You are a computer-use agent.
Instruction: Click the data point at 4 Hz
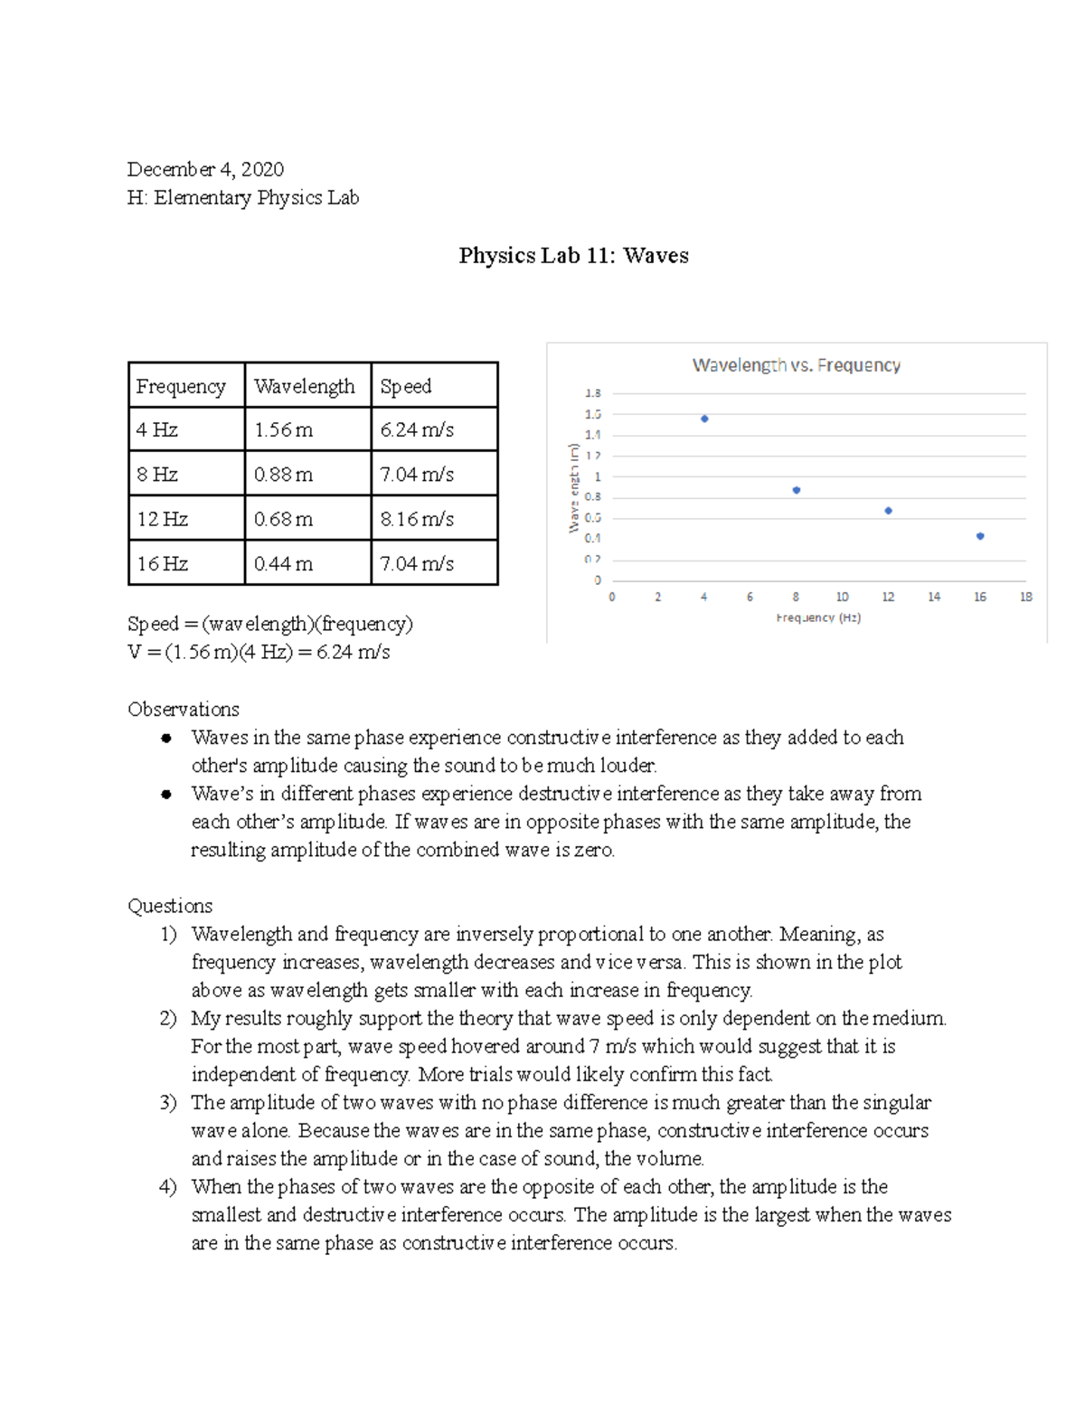tap(704, 419)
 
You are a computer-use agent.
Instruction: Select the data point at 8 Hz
tap(797, 490)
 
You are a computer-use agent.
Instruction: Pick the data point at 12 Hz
tap(888, 511)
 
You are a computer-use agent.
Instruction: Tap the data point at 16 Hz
tap(980, 536)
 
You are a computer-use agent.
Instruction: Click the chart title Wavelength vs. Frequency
tap(796, 365)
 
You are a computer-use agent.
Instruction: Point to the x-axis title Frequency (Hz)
tap(818, 617)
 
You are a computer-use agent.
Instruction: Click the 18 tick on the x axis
tap(1026, 597)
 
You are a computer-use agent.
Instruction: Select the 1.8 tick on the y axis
tap(592, 393)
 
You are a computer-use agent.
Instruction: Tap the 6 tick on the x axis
tap(750, 597)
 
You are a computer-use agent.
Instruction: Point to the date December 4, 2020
tap(205, 169)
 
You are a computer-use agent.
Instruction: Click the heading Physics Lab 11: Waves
tap(573, 256)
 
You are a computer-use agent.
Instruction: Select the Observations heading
tap(184, 709)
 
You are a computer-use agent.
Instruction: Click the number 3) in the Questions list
tap(168, 1102)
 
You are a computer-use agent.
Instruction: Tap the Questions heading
tap(170, 906)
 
